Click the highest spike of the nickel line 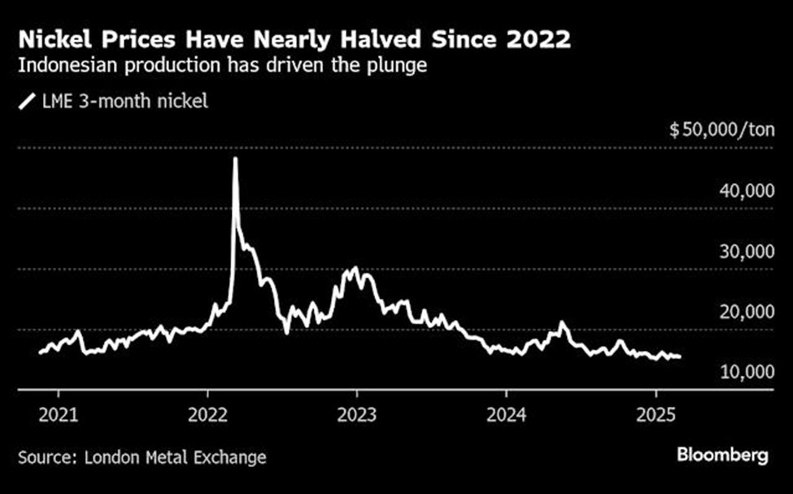click(x=235, y=159)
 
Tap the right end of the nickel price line click(x=680, y=356)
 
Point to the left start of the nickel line click(x=40, y=352)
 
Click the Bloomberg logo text click(x=722, y=456)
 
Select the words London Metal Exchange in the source click(x=176, y=457)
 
